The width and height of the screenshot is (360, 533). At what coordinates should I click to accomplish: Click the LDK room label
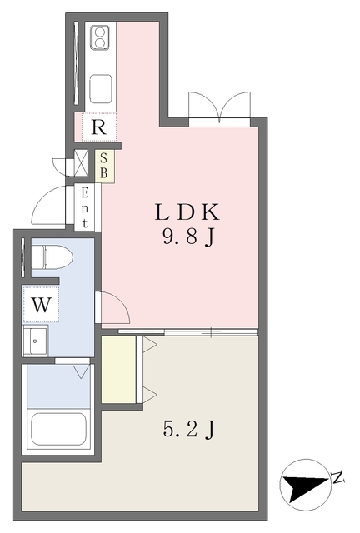187,212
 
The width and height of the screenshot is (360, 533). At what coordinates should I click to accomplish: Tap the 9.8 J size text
188,237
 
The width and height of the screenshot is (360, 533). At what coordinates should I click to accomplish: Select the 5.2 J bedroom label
189,429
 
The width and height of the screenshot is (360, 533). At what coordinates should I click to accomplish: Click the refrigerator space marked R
98,127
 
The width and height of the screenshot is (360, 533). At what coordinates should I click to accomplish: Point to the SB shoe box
104,167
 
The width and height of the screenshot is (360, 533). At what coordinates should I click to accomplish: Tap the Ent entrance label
85,208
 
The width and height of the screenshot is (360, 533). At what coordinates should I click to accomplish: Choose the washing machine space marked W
41,304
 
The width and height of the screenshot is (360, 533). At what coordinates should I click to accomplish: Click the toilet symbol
52,257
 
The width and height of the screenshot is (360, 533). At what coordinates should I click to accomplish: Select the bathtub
58,429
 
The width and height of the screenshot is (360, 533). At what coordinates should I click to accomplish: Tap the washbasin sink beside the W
35,341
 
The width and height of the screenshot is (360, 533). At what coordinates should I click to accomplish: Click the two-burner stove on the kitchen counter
100,37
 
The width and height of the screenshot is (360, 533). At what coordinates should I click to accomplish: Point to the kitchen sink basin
100,88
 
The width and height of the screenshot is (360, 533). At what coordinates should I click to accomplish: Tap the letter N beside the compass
337,477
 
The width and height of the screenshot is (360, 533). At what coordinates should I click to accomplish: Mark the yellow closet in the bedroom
119,369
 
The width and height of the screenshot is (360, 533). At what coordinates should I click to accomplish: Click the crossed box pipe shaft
81,162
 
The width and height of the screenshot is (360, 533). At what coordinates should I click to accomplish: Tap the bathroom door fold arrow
82,371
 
